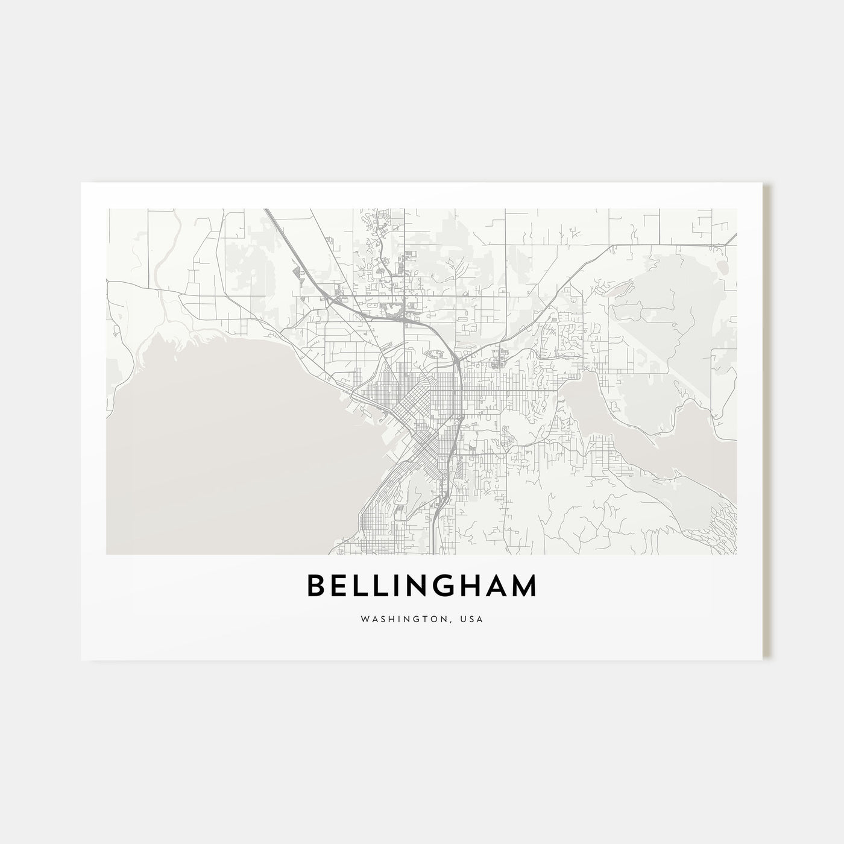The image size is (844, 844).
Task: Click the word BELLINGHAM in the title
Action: (x=421, y=586)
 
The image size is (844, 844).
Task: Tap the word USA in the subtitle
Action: (x=473, y=619)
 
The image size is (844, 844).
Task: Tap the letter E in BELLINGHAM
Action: (x=342, y=586)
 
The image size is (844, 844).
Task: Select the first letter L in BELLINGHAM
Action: (x=362, y=586)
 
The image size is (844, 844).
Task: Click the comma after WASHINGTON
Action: (x=449, y=622)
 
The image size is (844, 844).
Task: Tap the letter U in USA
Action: (x=464, y=619)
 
